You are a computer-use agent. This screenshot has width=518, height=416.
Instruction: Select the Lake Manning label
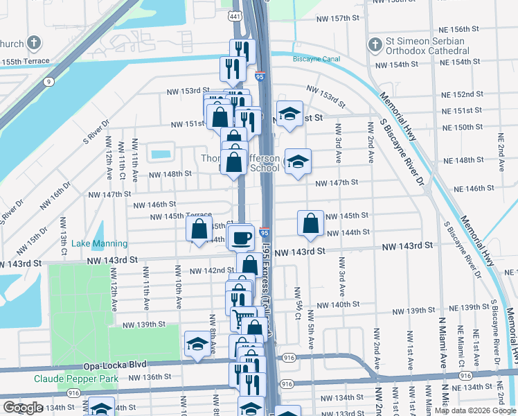click(100, 243)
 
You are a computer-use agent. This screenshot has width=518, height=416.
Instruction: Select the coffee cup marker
click(241, 238)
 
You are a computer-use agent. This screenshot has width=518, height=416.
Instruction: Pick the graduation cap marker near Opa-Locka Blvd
click(197, 344)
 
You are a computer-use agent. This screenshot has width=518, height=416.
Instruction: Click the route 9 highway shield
click(48, 82)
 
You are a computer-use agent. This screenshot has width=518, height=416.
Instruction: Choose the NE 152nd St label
click(463, 94)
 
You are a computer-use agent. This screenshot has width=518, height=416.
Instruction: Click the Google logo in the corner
click(22, 408)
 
